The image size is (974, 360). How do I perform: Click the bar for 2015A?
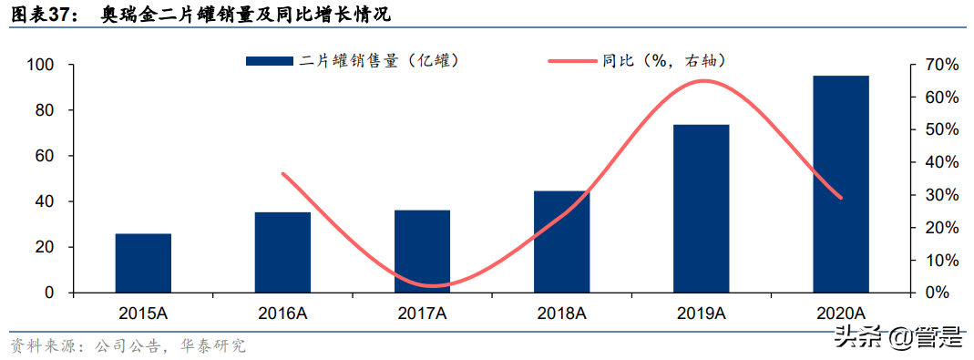(143, 263)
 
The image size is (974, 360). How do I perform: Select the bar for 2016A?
(282, 252)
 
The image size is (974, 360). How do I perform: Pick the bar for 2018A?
(561, 242)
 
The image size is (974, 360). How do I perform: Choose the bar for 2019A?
(701, 209)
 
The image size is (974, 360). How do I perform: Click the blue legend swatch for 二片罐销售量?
(270, 61)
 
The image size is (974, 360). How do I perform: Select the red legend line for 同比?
(571, 61)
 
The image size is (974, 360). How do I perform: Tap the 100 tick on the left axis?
(42, 66)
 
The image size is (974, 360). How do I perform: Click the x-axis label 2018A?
(561, 314)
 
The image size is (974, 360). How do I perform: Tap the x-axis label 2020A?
(840, 314)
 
